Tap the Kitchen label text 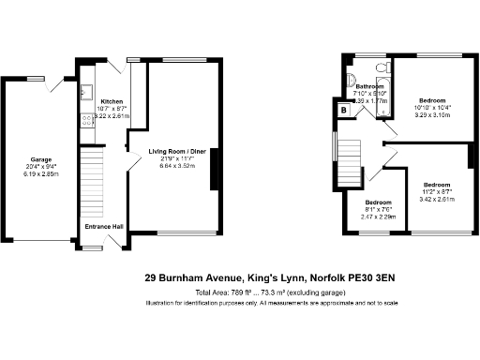pyautogui.click(x=112, y=101)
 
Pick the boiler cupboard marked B pyautogui.click(x=344, y=110)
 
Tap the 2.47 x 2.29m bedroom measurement pyautogui.click(x=379, y=217)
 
